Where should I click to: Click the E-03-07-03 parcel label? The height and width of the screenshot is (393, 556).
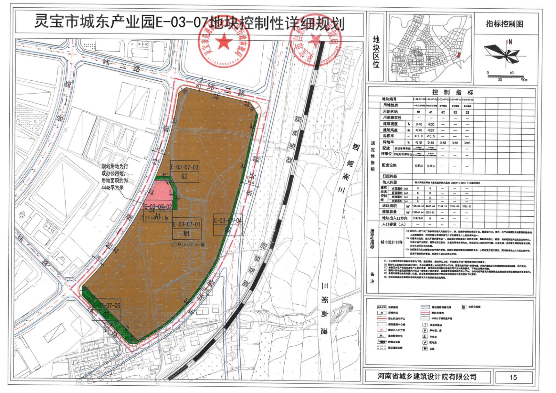(x=184, y=167)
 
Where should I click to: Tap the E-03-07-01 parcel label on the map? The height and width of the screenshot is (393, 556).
(x=187, y=225)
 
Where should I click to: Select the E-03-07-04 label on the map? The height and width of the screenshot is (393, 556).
(x=228, y=220)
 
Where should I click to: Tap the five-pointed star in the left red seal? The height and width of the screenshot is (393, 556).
(x=224, y=41)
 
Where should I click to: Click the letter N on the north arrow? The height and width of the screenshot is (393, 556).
(x=510, y=42)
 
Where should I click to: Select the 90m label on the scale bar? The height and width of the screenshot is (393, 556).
(x=524, y=80)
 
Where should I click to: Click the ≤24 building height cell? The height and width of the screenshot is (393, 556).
(x=431, y=130)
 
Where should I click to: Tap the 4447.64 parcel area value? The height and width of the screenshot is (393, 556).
(x=430, y=206)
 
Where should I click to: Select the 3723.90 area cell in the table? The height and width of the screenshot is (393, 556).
(x=467, y=206)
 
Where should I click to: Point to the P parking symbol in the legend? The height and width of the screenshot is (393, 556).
(x=425, y=331)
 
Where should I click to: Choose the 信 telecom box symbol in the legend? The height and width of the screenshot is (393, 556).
(x=463, y=307)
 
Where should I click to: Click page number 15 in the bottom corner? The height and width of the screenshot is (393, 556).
(x=513, y=377)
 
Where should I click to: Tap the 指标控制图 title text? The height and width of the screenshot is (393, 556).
(x=504, y=24)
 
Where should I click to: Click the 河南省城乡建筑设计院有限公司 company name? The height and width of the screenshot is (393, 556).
(x=427, y=377)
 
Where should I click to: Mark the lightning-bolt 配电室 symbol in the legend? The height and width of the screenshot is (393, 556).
(x=425, y=343)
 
